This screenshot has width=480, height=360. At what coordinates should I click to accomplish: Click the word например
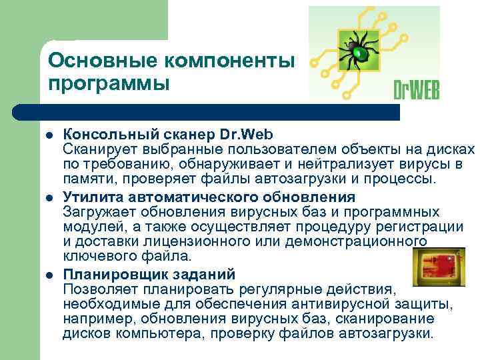pyautogui.click(x=93, y=319)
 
